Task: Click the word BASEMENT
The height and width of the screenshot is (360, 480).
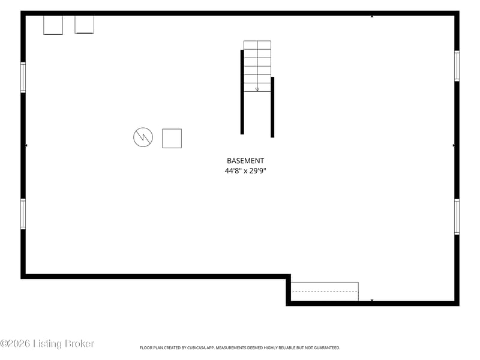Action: coord(245,161)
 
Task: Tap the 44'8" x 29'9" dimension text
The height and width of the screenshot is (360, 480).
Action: coord(245,171)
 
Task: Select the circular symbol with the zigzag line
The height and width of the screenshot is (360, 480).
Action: coord(143,137)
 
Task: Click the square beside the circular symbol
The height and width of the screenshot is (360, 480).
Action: coord(172,139)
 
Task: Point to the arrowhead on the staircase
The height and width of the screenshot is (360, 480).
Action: coord(257,89)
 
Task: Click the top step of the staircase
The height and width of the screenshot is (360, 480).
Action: coord(257,45)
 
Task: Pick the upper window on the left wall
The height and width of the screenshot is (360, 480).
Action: coord(23,77)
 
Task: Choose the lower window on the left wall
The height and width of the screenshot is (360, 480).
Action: coord(23,214)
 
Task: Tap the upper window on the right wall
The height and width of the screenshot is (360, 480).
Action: coord(457,66)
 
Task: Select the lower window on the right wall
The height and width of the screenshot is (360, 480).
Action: coord(457,217)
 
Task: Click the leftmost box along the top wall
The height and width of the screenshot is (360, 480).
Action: coord(53,25)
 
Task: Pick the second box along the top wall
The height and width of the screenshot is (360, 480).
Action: coord(84,25)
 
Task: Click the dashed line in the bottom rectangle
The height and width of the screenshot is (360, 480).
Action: coord(325,292)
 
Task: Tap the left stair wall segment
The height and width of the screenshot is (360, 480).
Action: coord(242,92)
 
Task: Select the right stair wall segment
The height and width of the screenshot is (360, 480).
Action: coord(272,107)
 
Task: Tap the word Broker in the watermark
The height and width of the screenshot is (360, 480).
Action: coord(79,343)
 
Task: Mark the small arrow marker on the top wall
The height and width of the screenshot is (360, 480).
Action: coord(372,16)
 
